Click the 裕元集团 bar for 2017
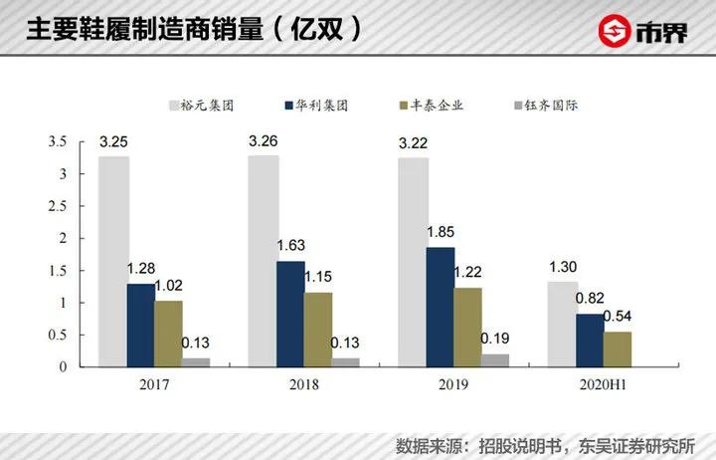(x=113, y=261)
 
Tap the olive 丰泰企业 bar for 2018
(x=319, y=330)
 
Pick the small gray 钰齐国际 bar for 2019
(x=495, y=360)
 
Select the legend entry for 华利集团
(x=317, y=105)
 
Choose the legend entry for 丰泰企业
(x=425, y=105)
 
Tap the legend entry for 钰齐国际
(x=538, y=105)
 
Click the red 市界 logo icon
(x=616, y=31)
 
